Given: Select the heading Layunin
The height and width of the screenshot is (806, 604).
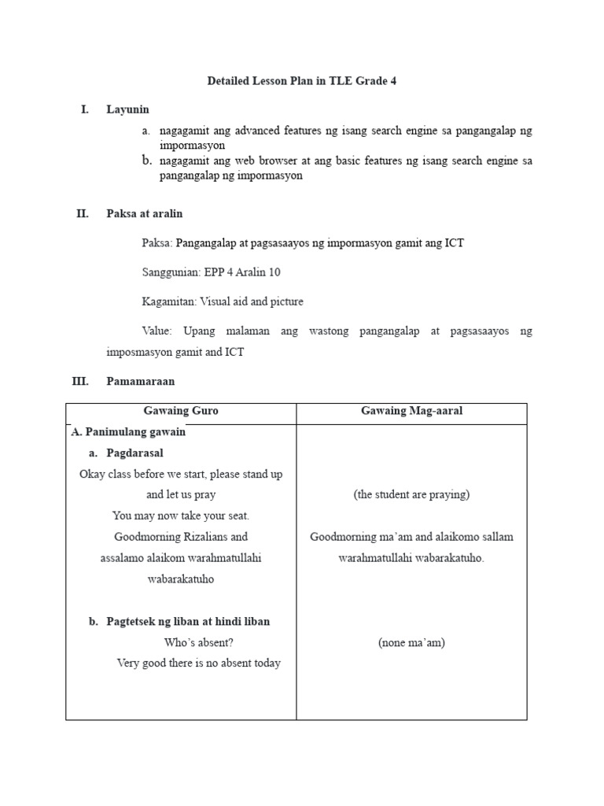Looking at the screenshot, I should click(127, 109).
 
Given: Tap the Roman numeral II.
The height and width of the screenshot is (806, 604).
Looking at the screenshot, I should click(82, 213).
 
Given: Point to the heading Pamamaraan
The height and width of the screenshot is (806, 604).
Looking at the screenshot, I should click(141, 381).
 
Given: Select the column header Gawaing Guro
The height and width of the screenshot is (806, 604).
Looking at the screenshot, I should click(181, 411).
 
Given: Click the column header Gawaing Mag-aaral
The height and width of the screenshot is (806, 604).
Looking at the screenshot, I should click(411, 411).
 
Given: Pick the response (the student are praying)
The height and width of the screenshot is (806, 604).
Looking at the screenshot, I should click(411, 494).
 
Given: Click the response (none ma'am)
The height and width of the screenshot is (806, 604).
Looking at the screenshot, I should click(411, 642).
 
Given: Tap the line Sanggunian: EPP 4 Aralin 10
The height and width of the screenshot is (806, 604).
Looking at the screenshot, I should click(211, 272).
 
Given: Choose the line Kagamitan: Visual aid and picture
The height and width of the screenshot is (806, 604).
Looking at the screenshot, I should click(222, 301).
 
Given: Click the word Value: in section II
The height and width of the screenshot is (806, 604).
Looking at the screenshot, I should click(157, 331).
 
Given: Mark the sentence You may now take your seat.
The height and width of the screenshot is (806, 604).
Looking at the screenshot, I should click(181, 516).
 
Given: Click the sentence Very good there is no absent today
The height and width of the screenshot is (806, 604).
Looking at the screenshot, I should click(198, 663).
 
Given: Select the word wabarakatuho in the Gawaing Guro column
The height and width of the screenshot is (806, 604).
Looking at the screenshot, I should click(181, 579).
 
